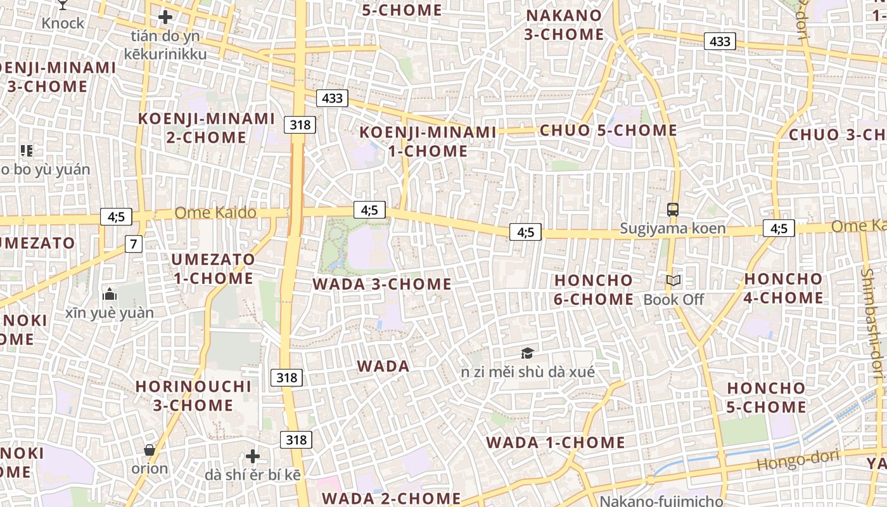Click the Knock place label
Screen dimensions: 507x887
[x=63, y=23]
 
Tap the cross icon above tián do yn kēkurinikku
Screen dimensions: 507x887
[x=165, y=17]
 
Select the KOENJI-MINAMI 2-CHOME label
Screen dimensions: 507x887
[x=207, y=128]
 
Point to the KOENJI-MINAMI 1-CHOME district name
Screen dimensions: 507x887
[x=428, y=141]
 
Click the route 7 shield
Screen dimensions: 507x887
[x=133, y=243]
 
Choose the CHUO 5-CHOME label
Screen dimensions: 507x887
[x=608, y=131]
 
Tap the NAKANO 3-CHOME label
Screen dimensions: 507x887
[x=564, y=25]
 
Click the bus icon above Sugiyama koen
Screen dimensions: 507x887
[x=673, y=210]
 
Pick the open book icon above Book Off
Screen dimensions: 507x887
[x=673, y=281]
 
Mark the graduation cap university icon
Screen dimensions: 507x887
[x=527, y=353]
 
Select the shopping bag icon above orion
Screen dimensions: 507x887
[x=150, y=450]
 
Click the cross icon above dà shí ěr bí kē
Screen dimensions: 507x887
[x=253, y=456]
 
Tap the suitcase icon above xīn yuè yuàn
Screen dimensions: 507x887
[x=110, y=294]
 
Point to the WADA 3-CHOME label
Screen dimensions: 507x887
[x=382, y=284]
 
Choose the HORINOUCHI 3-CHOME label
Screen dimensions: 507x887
[x=193, y=395]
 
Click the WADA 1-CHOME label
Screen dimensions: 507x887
[x=555, y=442]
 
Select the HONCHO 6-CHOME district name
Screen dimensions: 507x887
[x=594, y=290]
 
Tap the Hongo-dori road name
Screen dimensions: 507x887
[x=798, y=461]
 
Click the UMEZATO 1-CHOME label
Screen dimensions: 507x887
[x=213, y=269]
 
